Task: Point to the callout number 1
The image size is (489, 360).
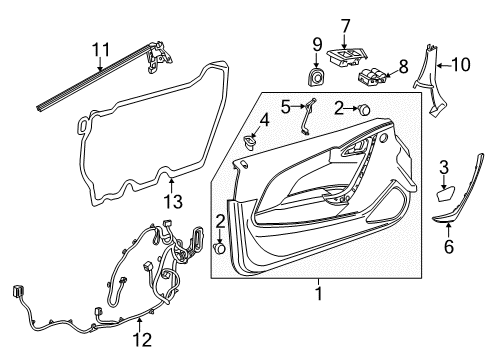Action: pyautogui.click(x=318, y=295)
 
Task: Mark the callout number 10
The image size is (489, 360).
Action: pyautogui.click(x=462, y=65)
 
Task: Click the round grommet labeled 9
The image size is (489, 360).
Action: pyautogui.click(x=317, y=76)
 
